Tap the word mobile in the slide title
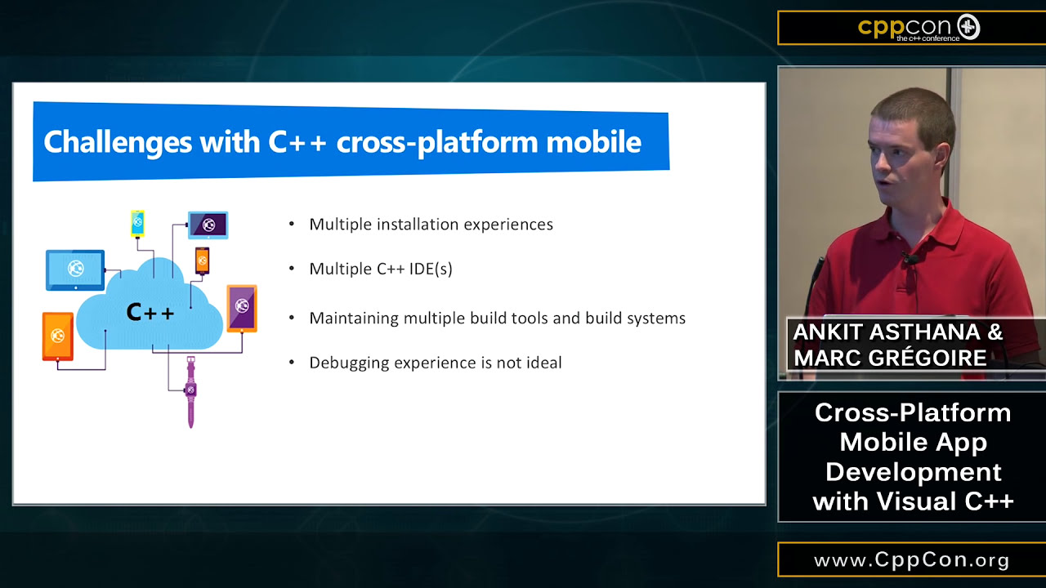(x=593, y=142)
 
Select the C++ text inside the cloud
(x=150, y=312)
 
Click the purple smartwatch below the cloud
(x=190, y=391)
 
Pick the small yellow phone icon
(x=138, y=223)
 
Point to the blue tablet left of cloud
(x=75, y=269)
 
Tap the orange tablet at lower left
(x=58, y=336)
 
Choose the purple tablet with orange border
(x=242, y=307)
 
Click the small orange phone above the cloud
(x=202, y=261)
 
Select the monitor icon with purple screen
(x=208, y=225)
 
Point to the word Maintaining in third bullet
(x=354, y=318)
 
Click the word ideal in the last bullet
(x=543, y=363)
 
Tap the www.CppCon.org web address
(x=912, y=561)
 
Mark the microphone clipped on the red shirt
(x=910, y=260)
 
